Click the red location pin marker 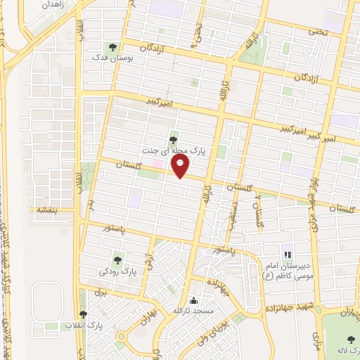pyautogui.click(x=181, y=166)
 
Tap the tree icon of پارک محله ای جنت pyautogui.click(x=173, y=139)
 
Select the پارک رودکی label pyautogui.click(x=118, y=270)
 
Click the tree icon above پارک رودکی pyautogui.click(x=117, y=259)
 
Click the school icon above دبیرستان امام pyautogui.click(x=287, y=254)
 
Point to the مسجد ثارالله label pyautogui.click(x=194, y=311)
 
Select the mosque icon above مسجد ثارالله pyautogui.click(x=194, y=300)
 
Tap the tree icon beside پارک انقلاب pyautogui.click(x=83, y=314)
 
